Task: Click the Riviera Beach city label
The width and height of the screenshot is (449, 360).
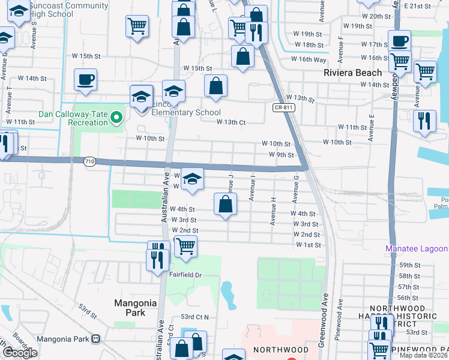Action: tap(352, 73)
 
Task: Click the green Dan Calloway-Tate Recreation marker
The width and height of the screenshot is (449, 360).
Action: tap(118, 118)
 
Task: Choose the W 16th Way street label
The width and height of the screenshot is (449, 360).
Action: tap(309, 59)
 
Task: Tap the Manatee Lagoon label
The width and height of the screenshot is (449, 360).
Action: tap(416, 248)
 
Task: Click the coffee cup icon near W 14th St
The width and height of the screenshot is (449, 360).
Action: tap(85, 79)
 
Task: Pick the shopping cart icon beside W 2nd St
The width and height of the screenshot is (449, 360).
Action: tap(185, 245)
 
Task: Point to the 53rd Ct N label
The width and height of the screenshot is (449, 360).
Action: tap(194, 317)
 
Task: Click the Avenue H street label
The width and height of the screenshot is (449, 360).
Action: tap(273, 211)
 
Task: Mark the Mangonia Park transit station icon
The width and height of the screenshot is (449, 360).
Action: tap(95, 339)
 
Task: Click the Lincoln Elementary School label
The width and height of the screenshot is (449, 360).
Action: tap(187, 112)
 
